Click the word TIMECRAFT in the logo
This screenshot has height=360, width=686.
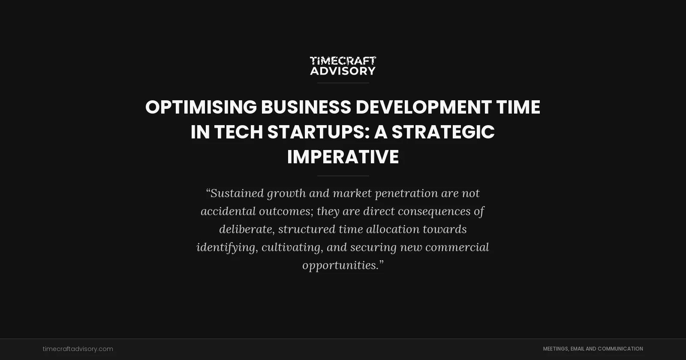point(343,61)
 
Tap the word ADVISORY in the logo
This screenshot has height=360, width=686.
point(343,71)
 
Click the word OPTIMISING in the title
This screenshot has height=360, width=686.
point(201,107)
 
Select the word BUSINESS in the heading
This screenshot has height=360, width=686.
point(306,107)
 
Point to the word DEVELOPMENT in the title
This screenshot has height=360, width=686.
point(423,107)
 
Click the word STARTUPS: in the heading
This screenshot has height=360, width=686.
point(319,132)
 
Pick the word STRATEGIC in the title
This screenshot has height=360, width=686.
point(443,132)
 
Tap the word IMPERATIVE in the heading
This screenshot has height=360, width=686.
point(343,157)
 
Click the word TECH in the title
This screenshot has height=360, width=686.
point(238,132)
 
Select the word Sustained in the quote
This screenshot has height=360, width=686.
point(236,193)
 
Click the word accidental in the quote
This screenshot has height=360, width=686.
point(228,211)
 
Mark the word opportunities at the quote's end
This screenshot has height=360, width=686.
point(340,265)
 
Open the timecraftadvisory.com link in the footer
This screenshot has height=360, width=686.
point(78,349)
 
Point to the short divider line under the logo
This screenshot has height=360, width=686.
point(343,83)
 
